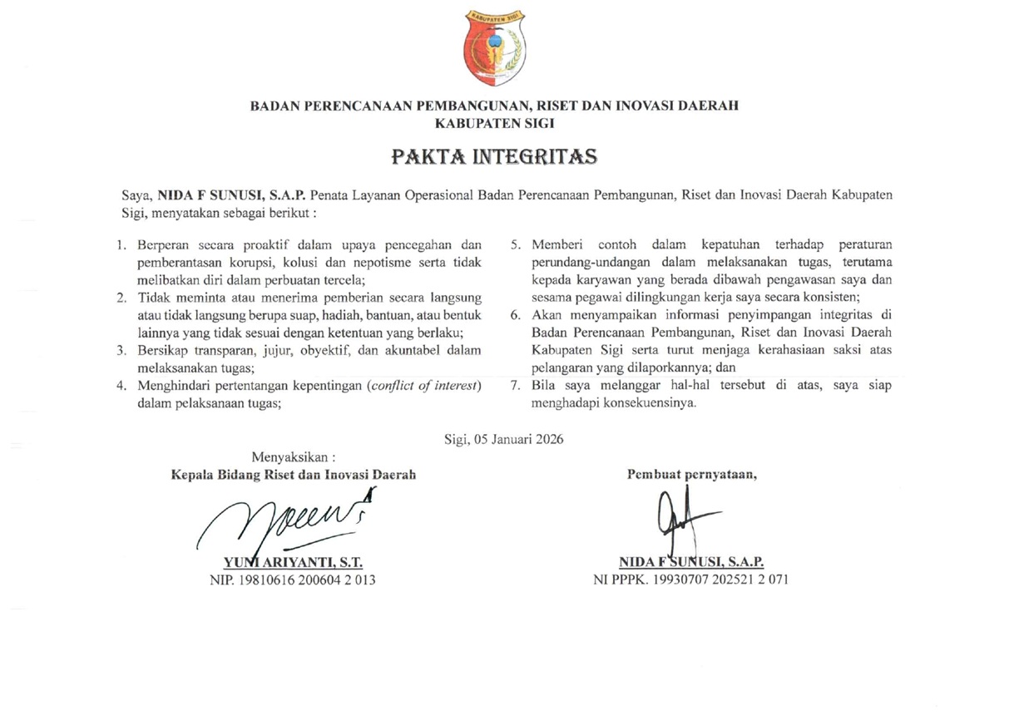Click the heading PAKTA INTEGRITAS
(495, 156)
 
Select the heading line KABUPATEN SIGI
(495, 122)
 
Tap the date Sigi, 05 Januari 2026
(504, 440)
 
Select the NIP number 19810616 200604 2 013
(293, 580)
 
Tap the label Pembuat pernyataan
(691, 475)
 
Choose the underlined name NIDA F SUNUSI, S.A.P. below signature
(691, 562)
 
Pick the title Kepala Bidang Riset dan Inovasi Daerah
(293, 475)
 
